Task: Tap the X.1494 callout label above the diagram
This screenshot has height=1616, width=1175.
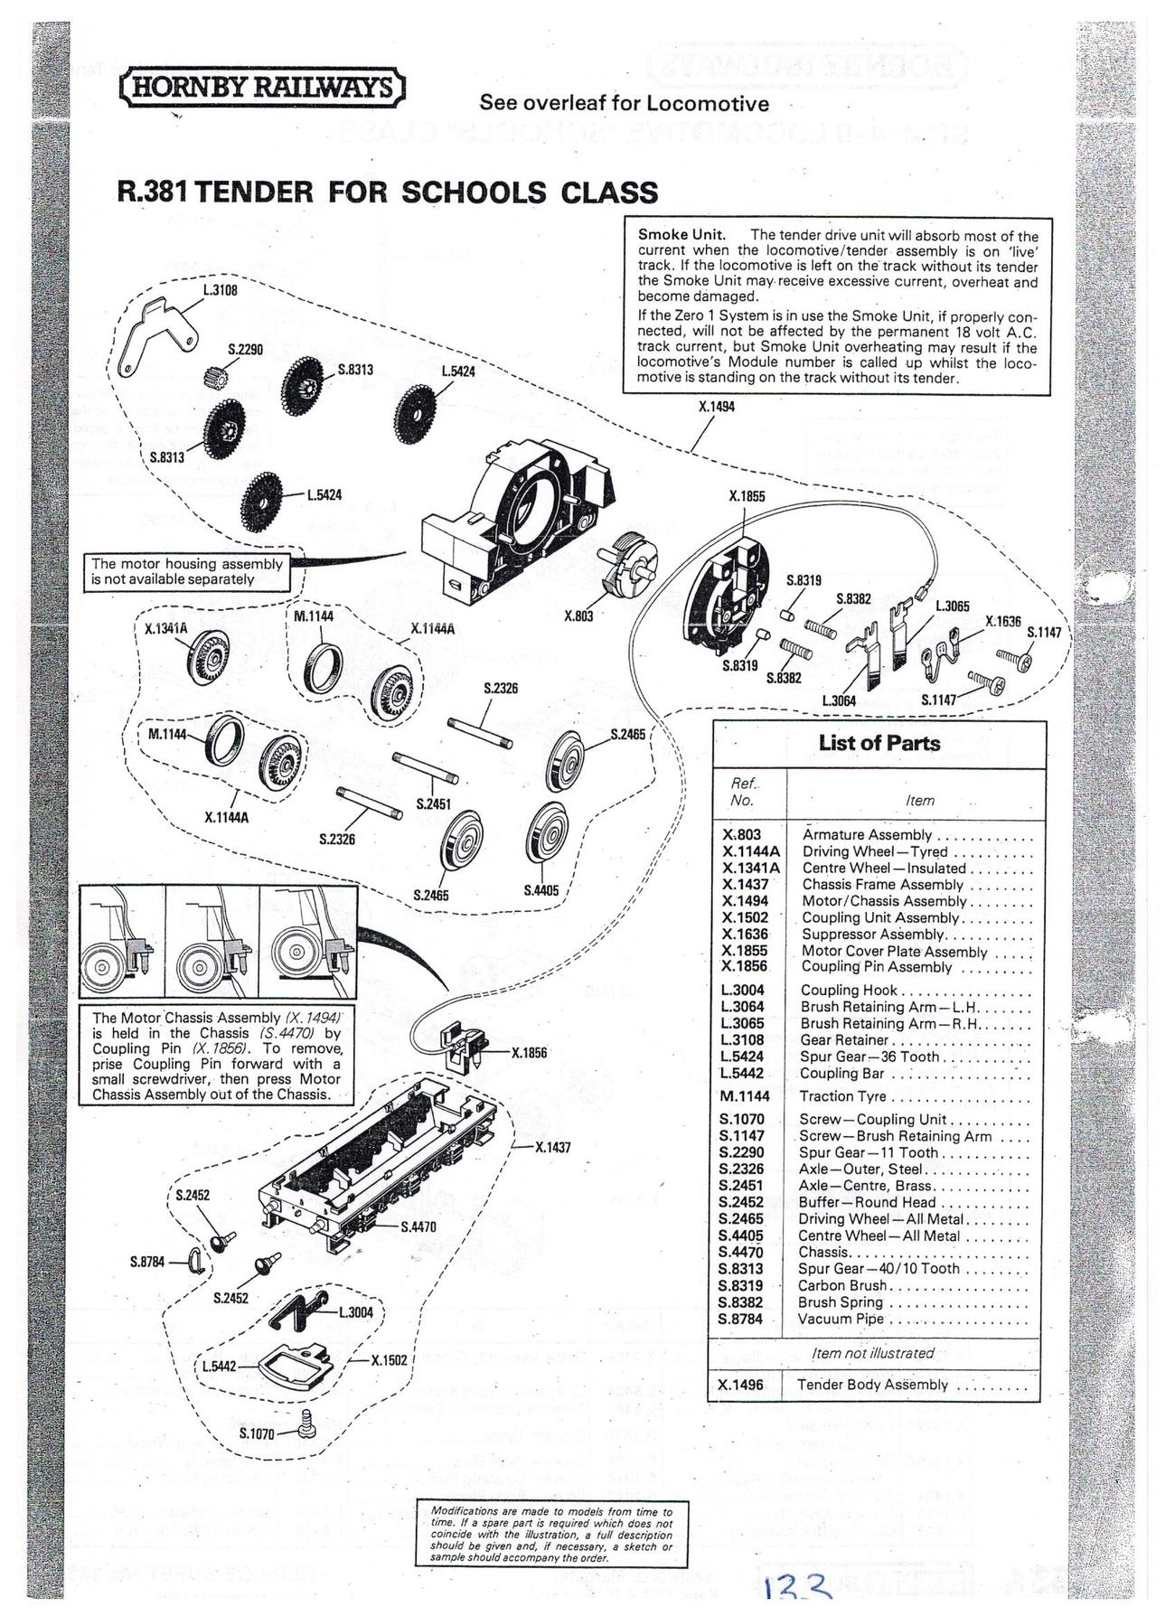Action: coord(717,407)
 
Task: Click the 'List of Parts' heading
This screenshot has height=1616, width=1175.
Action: coord(879,743)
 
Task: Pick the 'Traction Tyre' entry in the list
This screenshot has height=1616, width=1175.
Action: coord(842,1096)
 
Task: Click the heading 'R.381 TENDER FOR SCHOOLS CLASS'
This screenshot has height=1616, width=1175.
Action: coord(388,193)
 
